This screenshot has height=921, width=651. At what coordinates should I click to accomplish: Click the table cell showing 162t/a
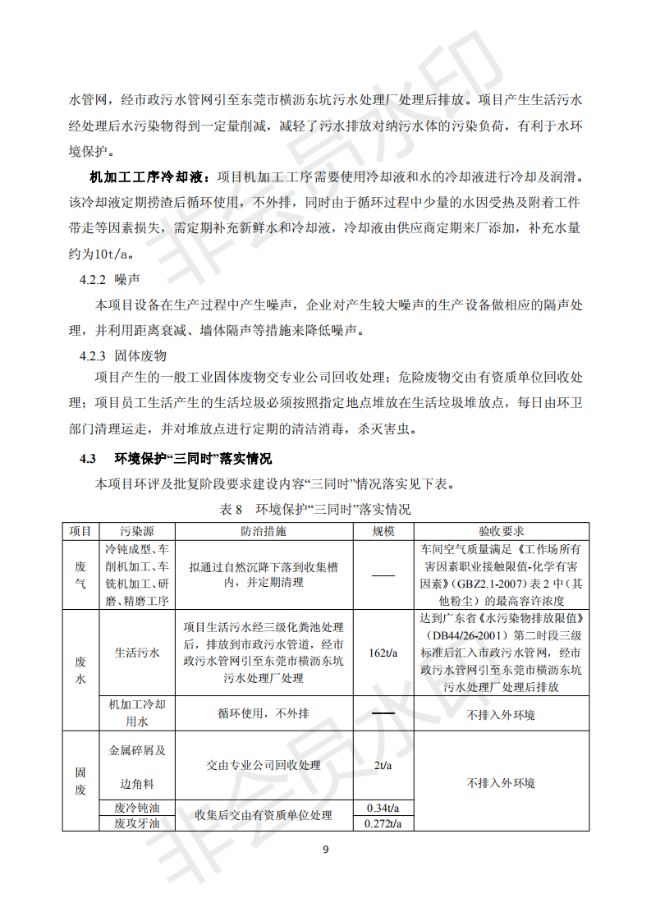(x=383, y=653)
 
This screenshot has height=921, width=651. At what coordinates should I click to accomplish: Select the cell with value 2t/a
(x=383, y=765)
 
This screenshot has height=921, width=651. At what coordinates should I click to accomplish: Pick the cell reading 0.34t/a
(x=383, y=808)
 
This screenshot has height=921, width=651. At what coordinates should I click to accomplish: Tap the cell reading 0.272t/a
(x=383, y=823)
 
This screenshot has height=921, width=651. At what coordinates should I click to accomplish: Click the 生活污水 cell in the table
(x=136, y=653)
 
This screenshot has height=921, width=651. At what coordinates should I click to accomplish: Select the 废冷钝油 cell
(x=136, y=808)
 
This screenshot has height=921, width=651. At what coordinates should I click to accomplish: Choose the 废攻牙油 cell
(x=136, y=823)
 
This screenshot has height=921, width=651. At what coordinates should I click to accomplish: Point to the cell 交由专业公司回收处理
(x=264, y=765)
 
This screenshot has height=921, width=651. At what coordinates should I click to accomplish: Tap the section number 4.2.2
(x=93, y=279)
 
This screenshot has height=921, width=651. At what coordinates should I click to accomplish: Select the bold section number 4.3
(x=88, y=458)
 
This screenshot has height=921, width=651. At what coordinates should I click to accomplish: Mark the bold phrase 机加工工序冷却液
(x=150, y=176)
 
